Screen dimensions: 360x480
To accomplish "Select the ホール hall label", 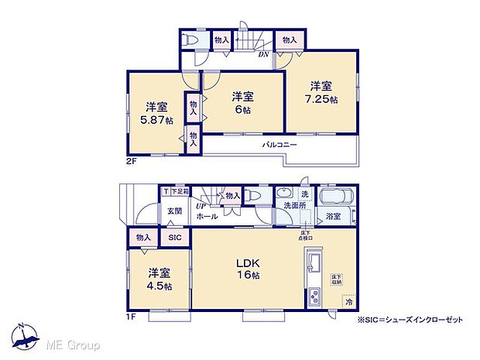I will click(207, 217).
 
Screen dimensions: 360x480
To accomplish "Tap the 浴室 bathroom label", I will click(334, 217).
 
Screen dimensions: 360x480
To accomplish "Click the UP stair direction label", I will click(201, 205).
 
